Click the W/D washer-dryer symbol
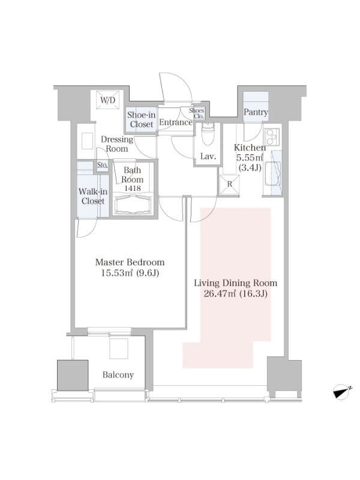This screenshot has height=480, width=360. tap(108, 100)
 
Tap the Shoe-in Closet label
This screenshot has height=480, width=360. tap(142, 119)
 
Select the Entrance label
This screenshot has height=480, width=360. tap(176, 122)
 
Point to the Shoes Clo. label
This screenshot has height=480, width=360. tap(197, 113)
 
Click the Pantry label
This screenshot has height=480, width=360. tap(256, 112)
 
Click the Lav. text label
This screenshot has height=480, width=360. tap(208, 157)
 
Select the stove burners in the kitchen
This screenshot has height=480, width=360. tap(272, 137)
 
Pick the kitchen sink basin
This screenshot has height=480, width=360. tap(272, 173)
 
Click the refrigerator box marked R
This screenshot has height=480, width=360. tap(230, 185)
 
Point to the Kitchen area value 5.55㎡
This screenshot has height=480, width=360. tap(250, 158)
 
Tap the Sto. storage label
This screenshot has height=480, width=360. tap(103, 166)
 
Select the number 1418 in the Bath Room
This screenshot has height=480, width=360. tap(132, 188)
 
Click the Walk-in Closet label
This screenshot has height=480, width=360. tap(93, 196)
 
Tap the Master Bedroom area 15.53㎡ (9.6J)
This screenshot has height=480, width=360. tap(130, 273)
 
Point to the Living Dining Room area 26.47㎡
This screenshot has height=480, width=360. tap(220, 294)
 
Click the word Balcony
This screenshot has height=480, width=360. tap(118, 375)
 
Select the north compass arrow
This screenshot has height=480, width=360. tap(342, 392)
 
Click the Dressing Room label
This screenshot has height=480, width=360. tap(117, 144)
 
